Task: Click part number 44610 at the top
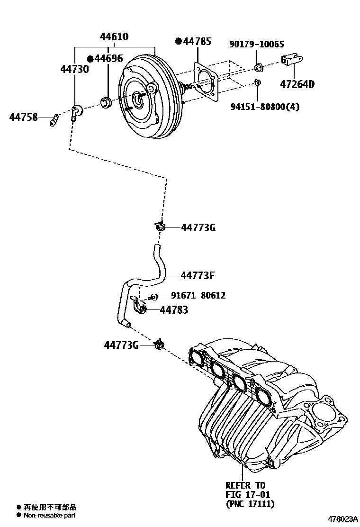[x=114, y=37]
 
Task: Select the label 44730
[x=74, y=69]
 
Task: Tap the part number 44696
[x=108, y=59]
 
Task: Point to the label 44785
[x=197, y=42]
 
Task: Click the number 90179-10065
[x=257, y=45]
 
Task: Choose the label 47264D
[x=297, y=85]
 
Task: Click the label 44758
[x=23, y=117]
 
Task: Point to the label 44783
[x=174, y=310]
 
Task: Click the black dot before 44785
[x=179, y=42]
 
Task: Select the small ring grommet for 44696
[x=106, y=101]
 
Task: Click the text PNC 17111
[x=250, y=504]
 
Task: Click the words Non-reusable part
[x=50, y=515]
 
